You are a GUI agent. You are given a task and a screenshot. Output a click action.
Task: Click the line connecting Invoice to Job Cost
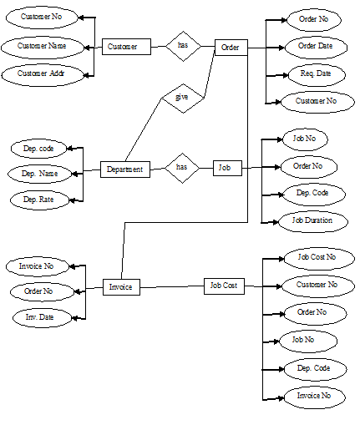point(172,286)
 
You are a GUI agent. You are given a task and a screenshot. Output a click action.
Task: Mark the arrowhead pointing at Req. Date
point(285,75)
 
